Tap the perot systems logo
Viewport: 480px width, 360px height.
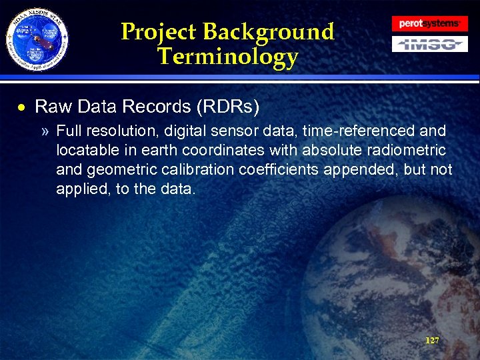[429, 23]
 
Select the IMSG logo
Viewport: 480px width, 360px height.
[429, 45]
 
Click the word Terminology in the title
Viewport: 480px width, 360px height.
[228, 57]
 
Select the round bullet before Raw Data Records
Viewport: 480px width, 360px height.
[22, 107]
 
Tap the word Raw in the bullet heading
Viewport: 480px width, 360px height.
[51, 107]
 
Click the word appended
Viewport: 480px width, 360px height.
[359, 169]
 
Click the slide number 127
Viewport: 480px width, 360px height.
[432, 340]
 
